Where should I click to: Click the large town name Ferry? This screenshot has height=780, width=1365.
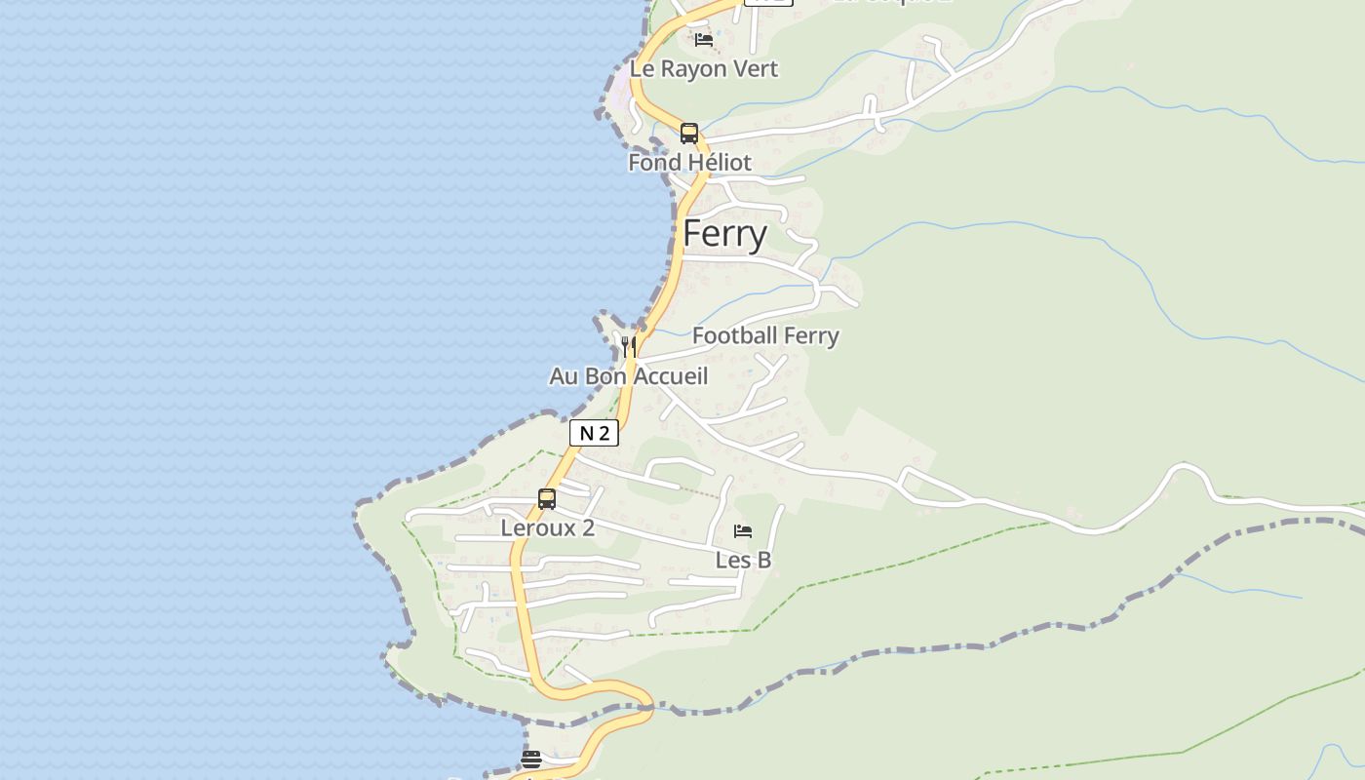pos(724,234)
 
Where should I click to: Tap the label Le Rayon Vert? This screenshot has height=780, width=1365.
pos(704,69)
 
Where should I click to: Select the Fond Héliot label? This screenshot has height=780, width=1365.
pos(689,162)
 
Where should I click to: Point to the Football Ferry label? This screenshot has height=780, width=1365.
pos(765,336)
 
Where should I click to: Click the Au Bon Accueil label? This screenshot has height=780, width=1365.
pos(629,376)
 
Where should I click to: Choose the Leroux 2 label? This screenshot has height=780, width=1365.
pos(547,528)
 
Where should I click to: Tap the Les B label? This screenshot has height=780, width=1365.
pos(743,560)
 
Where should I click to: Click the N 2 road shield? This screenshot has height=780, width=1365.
pos(594,433)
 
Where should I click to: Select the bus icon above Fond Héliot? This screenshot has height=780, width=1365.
pos(689,134)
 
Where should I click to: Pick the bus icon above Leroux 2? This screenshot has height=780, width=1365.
pos(547,499)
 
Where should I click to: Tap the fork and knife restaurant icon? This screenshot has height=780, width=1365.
pos(629,346)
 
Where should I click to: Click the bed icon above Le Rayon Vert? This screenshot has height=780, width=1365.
pos(704,40)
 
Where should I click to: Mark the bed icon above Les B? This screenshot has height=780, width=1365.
pos(743,531)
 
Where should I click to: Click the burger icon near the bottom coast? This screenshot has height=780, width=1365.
pos(531,759)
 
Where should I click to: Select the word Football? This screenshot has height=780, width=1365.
pos(733,336)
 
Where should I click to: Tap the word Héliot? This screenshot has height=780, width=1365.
pos(718,162)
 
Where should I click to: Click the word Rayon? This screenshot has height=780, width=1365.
pos(692,69)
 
